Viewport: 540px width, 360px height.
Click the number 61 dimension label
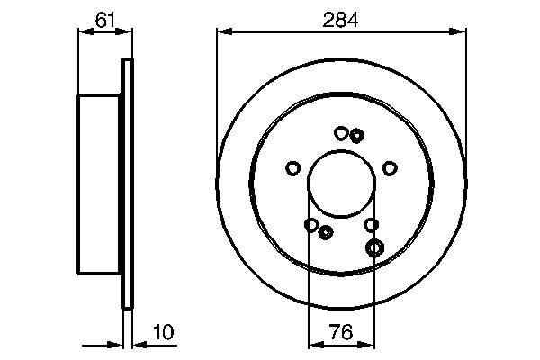(x=104, y=20)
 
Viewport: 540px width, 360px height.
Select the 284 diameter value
(x=340, y=20)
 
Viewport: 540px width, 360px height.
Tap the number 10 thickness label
(x=164, y=332)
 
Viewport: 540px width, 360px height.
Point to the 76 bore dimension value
(x=341, y=332)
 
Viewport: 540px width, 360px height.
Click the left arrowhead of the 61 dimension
(x=85, y=31)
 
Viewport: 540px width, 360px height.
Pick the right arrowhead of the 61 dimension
(x=125, y=31)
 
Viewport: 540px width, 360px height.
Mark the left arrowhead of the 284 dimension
(x=224, y=31)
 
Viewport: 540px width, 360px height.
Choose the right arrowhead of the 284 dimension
(x=458, y=31)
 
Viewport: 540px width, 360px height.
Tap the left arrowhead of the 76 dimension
(x=316, y=344)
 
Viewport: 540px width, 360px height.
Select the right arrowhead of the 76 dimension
(x=367, y=344)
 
